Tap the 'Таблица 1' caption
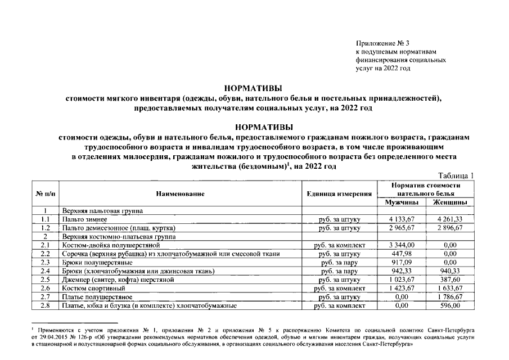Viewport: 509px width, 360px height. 454,175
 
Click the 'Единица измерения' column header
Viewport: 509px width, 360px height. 339,193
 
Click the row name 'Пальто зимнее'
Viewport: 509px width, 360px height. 81,219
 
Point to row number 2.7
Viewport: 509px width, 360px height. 45,297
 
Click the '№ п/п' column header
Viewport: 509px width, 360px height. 45,193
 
